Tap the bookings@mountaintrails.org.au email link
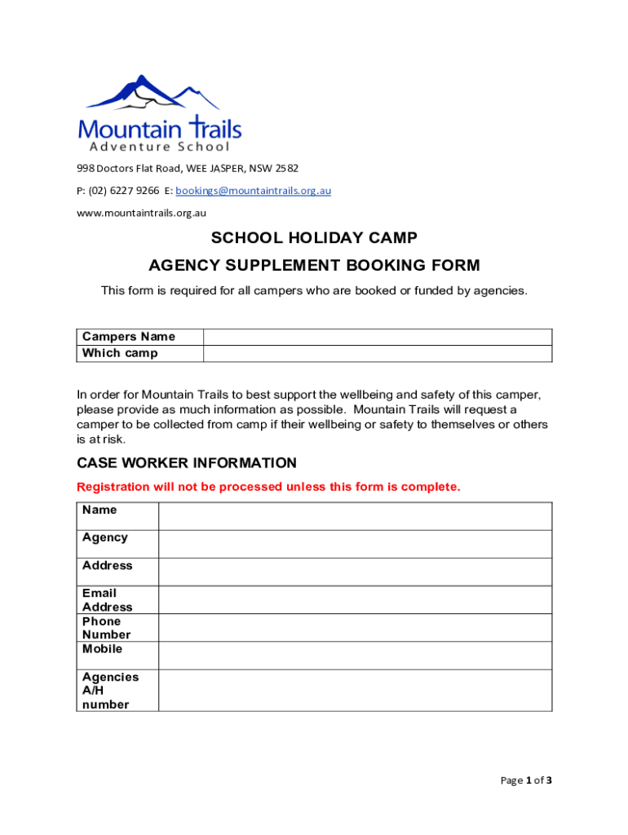(x=253, y=191)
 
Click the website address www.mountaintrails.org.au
(x=141, y=213)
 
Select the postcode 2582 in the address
(x=286, y=169)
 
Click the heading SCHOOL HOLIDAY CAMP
(x=314, y=238)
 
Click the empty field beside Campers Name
(x=377, y=337)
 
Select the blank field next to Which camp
(x=377, y=353)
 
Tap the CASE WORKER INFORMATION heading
(x=187, y=463)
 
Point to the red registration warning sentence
(x=268, y=487)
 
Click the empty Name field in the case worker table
(x=355, y=516)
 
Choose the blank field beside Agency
(x=355, y=544)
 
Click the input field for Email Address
(x=355, y=599)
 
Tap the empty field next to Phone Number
(x=355, y=627)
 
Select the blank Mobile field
(x=355, y=656)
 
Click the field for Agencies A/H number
(x=355, y=690)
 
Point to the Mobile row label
(x=103, y=649)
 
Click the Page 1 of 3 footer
(x=526, y=780)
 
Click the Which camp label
(x=120, y=353)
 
